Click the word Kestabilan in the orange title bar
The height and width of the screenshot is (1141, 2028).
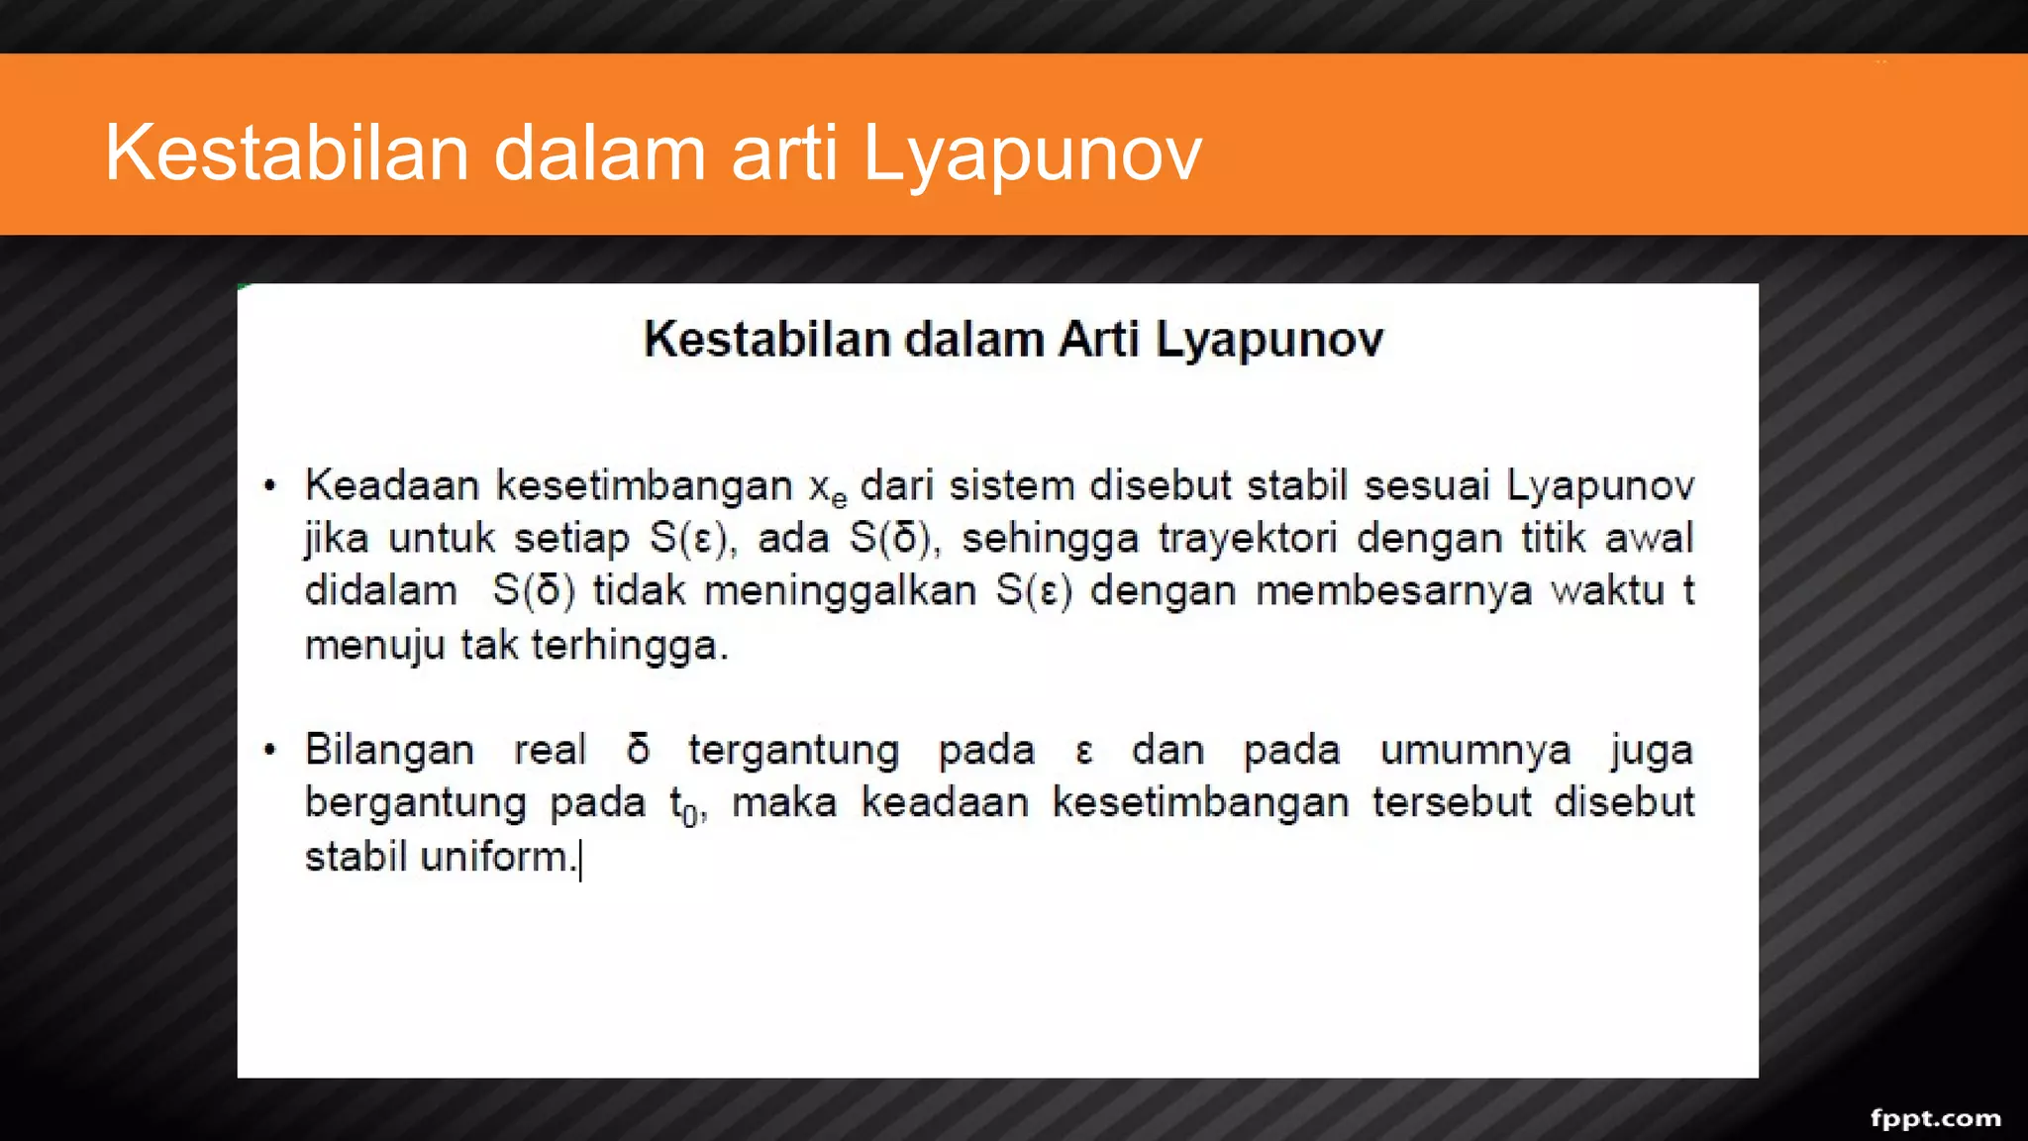point(286,153)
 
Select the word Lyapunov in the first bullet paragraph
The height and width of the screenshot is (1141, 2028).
point(1599,485)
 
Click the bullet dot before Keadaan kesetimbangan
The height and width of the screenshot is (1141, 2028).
point(270,486)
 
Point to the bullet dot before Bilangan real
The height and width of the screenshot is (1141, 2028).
point(270,750)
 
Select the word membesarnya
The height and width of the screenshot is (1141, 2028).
point(1393,591)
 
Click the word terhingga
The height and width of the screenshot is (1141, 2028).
point(629,646)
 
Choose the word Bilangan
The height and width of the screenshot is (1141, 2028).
point(389,750)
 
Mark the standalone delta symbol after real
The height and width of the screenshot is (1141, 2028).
point(639,750)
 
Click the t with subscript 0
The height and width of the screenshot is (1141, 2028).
point(684,805)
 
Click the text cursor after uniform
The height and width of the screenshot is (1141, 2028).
point(581,859)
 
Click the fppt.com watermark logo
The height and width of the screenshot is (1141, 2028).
point(1935,1118)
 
